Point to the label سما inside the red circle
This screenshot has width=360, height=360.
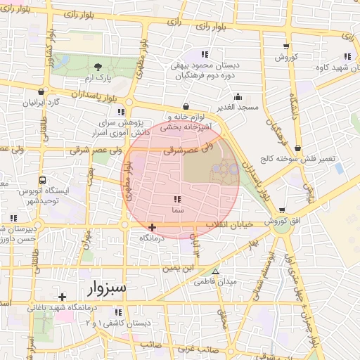click(176, 210)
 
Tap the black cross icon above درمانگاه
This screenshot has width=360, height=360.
click(153, 227)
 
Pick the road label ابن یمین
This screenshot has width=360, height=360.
click(179, 268)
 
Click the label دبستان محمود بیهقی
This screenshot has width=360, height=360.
click(205, 65)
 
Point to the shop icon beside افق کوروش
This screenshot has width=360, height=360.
click(282, 210)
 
